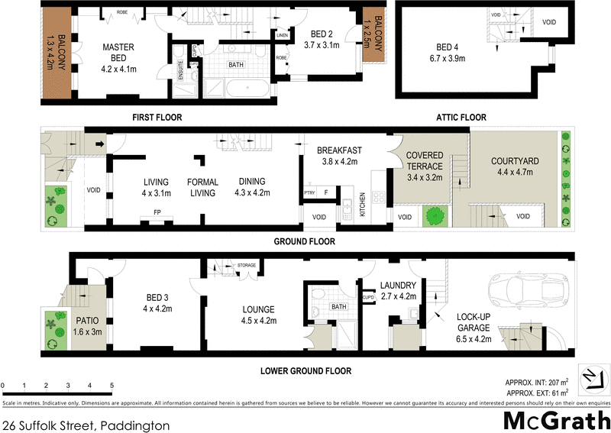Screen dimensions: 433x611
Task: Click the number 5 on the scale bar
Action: (x=112, y=385)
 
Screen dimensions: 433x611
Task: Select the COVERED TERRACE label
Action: (x=424, y=160)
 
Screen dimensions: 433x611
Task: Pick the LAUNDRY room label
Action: (x=396, y=286)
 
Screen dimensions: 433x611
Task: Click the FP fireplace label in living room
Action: (x=157, y=212)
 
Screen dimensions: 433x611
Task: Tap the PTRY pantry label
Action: (x=310, y=192)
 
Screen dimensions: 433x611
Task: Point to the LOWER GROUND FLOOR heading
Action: (x=305, y=371)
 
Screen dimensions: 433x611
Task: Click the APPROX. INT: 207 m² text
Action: (x=538, y=382)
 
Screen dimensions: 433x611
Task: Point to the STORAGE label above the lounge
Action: (x=246, y=264)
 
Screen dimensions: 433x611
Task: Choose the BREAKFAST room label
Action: (x=339, y=150)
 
